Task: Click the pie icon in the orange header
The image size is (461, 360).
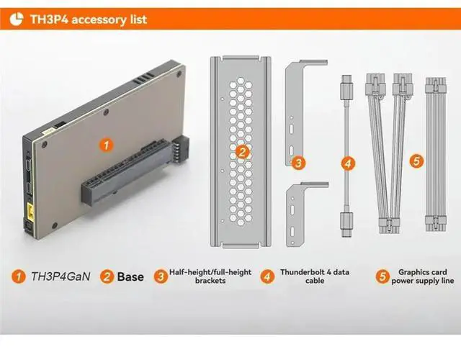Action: pos(16,19)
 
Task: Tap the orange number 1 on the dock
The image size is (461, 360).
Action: pos(106,145)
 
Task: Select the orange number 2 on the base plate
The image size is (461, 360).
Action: pos(242,152)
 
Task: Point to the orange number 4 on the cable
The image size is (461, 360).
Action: pos(348,163)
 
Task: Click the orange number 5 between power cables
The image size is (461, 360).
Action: pos(417,161)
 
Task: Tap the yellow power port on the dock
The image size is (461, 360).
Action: pos(31,211)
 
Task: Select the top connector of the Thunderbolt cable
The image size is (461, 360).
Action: pos(346,87)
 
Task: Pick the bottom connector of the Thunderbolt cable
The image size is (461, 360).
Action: pos(347,224)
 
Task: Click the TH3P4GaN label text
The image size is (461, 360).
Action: pos(61,276)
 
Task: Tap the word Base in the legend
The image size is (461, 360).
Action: pos(130,276)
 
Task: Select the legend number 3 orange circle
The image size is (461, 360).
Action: pos(161,276)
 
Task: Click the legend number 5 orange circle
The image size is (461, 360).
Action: pos(382,276)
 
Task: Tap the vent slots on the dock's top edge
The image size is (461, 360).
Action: pos(144,78)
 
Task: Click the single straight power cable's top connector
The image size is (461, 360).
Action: pos(436,86)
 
